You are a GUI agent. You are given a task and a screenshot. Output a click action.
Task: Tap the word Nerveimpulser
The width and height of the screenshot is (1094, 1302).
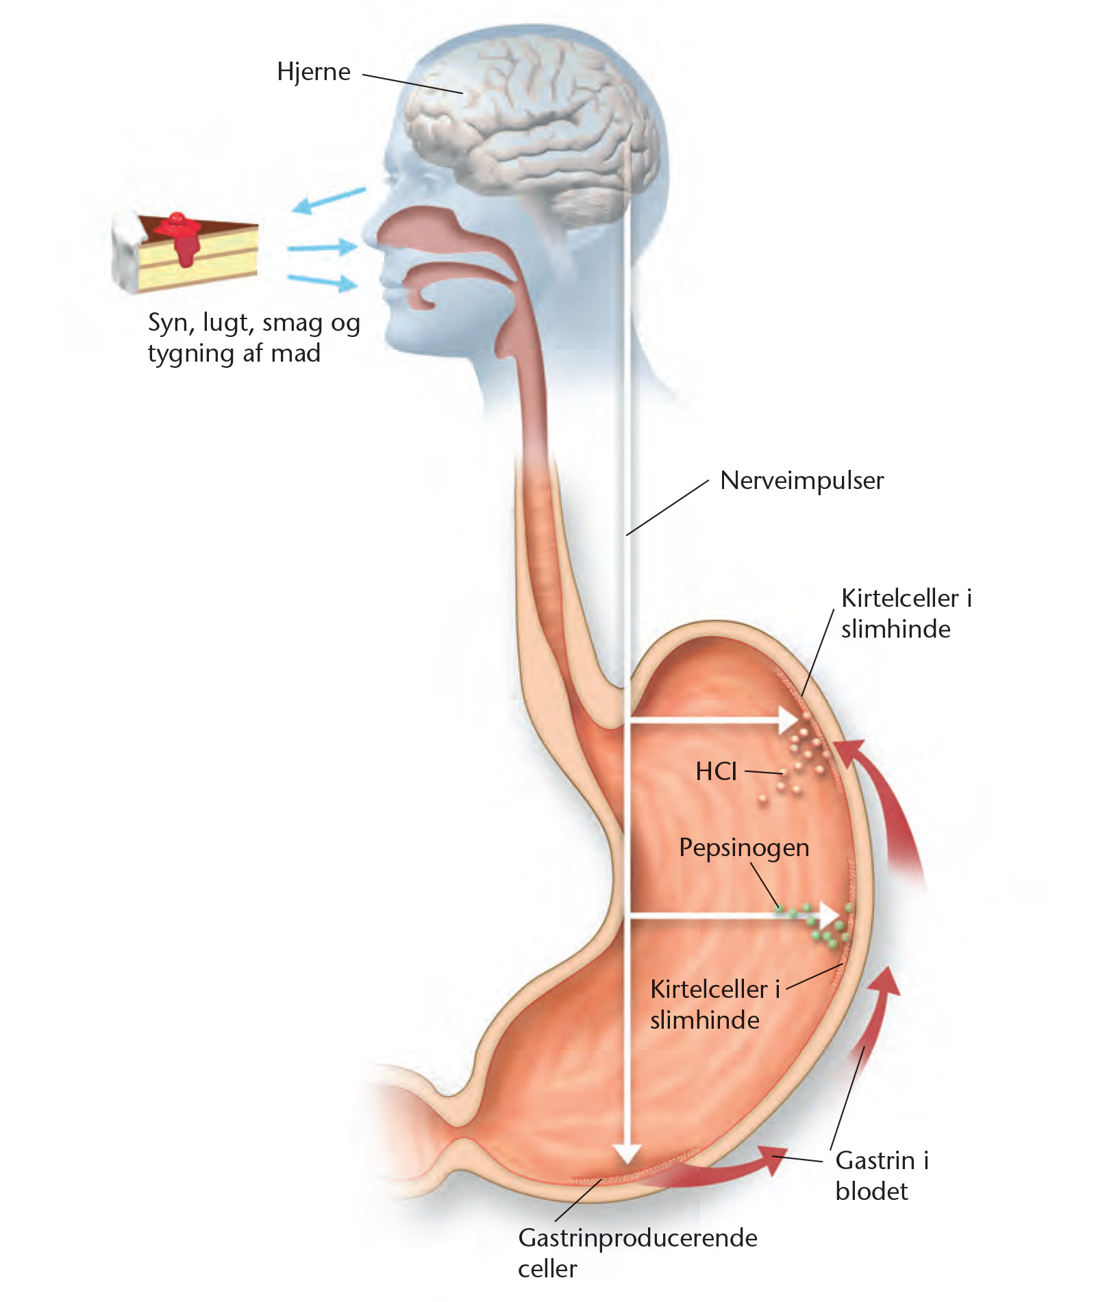[x=801, y=481]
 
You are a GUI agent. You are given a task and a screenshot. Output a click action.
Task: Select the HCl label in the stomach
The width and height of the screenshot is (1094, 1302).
[x=716, y=772]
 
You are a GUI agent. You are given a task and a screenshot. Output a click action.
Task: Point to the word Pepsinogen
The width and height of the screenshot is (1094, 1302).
[x=744, y=849]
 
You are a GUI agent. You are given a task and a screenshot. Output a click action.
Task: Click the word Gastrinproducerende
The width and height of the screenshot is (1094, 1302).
[x=638, y=1238]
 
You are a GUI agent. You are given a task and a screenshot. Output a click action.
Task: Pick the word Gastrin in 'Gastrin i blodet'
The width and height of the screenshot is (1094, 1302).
[x=875, y=1160]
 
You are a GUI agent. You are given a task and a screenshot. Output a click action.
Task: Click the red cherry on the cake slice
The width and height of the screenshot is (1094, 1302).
[x=177, y=219]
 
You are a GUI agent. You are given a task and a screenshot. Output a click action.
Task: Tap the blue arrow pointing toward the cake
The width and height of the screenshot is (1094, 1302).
[x=328, y=201]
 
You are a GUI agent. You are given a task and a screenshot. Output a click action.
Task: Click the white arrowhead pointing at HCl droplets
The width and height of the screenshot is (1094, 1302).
[x=789, y=720]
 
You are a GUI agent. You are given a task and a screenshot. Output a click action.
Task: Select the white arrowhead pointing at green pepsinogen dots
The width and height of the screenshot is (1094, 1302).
[x=830, y=916]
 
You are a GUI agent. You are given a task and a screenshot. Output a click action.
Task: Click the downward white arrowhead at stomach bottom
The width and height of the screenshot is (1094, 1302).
[x=627, y=1153]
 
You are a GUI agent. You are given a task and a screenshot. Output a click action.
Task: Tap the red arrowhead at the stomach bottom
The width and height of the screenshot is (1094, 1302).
[x=773, y=1160]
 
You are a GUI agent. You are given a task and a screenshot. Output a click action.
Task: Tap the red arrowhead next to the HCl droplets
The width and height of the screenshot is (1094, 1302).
[x=849, y=753]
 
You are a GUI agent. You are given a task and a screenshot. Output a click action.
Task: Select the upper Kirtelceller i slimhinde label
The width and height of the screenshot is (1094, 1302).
[x=906, y=614]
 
